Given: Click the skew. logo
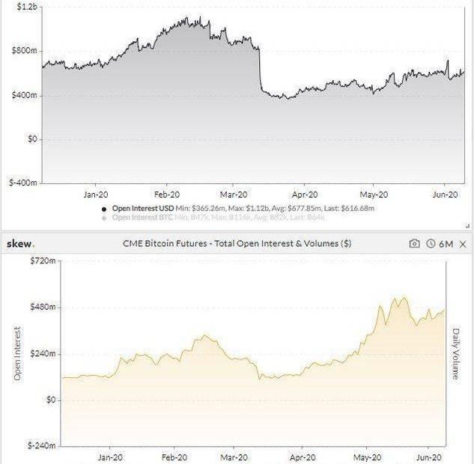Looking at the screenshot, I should (x=21, y=243).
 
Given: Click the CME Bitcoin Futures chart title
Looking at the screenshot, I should (x=237, y=243).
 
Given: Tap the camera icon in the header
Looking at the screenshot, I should (x=415, y=243).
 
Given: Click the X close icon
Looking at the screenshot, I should (x=463, y=243).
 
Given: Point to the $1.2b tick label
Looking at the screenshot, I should (x=26, y=7).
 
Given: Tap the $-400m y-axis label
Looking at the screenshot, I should (x=22, y=183).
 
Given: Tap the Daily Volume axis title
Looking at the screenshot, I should (x=455, y=352).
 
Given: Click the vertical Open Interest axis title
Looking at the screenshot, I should (x=17, y=353).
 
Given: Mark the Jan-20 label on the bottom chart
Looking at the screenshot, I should (x=110, y=456).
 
